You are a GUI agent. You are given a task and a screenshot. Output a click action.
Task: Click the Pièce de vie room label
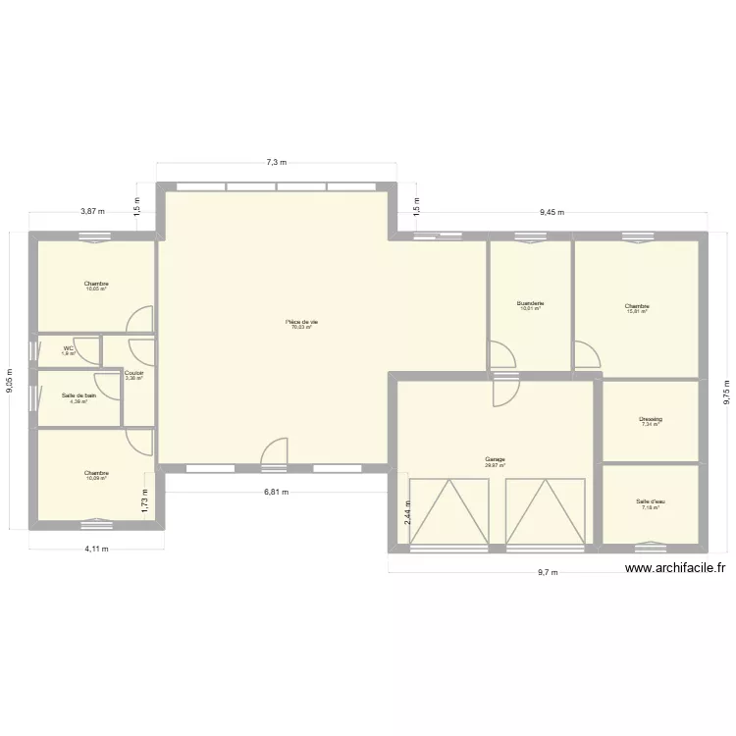301,321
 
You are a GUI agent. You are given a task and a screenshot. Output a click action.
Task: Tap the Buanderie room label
530,303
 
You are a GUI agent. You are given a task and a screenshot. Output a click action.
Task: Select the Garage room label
495,458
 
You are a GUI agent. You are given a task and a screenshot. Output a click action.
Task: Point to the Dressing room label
651,419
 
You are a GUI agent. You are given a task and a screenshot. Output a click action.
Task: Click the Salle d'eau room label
649,501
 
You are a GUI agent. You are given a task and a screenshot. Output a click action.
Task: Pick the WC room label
69,347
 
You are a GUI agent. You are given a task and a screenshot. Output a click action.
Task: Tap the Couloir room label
134,373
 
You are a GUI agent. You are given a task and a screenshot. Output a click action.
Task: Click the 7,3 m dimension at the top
277,162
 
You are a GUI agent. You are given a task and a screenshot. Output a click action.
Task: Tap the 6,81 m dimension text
278,493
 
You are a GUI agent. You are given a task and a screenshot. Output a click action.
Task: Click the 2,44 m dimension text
407,510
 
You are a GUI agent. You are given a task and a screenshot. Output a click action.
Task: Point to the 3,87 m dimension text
92,211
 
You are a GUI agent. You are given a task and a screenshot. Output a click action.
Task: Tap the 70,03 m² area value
301,327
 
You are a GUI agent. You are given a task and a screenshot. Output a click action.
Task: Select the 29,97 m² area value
495,465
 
